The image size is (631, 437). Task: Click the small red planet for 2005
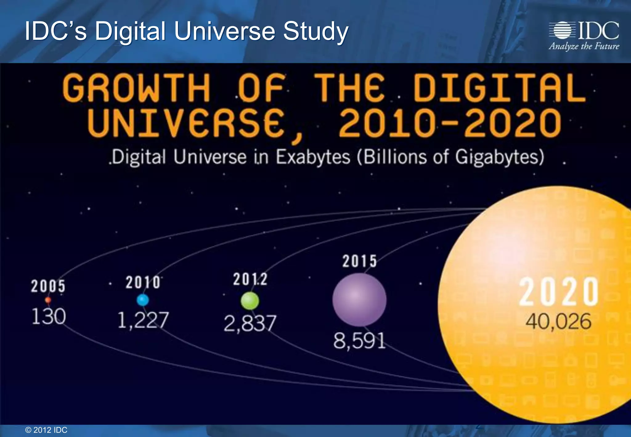(48, 300)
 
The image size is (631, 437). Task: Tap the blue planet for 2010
(143, 300)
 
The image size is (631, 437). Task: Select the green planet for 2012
(250, 301)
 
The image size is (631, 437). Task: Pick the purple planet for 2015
(359, 300)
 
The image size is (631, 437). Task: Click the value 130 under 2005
(49, 317)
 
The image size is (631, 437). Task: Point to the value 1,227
(143, 320)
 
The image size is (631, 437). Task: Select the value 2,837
(250, 323)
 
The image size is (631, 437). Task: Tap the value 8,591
(359, 341)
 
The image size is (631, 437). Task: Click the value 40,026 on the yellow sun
(558, 321)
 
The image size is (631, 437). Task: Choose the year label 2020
(559, 292)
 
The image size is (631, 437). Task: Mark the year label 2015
(360, 261)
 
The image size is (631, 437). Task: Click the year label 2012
(250, 280)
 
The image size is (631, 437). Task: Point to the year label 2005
(48, 286)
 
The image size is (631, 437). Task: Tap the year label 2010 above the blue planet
(143, 282)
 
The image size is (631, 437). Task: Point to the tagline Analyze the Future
(584, 47)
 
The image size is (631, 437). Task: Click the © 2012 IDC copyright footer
(46, 430)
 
